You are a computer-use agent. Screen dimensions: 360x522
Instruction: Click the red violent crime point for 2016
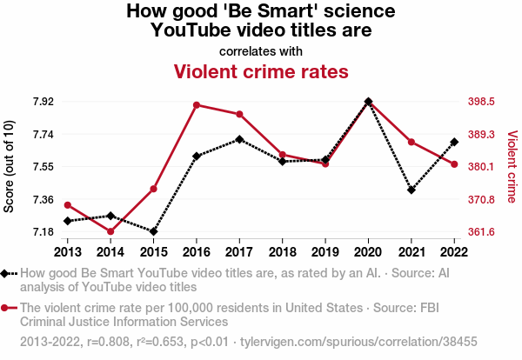pyautogui.click(x=197, y=105)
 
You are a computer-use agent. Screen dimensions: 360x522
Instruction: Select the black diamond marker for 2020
pyautogui.click(x=369, y=102)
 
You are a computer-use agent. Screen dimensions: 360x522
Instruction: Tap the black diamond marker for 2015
pyautogui.click(x=153, y=231)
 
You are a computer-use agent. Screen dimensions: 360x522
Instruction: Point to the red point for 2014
pyautogui.click(x=110, y=231)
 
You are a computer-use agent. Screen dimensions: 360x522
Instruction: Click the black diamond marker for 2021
pyautogui.click(x=412, y=190)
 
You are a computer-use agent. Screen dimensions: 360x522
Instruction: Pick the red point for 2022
pyautogui.click(x=454, y=164)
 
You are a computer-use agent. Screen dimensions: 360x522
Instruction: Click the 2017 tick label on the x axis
pyautogui.click(x=239, y=252)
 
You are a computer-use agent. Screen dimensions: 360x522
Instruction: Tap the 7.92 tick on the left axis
pyautogui.click(x=43, y=102)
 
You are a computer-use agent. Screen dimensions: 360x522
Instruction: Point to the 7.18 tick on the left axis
pyautogui.click(x=43, y=232)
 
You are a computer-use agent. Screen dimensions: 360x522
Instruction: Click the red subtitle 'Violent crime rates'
pyautogui.click(x=261, y=71)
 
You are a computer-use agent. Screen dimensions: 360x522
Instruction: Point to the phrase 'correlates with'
pyautogui.click(x=261, y=50)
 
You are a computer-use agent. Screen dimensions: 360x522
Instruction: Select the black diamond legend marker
pyautogui.click(x=7, y=273)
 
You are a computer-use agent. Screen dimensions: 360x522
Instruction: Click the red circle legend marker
pyautogui.click(x=7, y=308)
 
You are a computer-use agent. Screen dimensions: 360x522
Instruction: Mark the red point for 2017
pyautogui.click(x=239, y=114)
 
